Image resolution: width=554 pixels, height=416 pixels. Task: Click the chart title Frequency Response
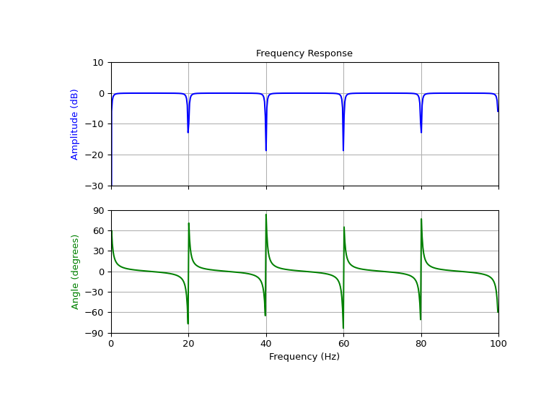[x=304, y=53]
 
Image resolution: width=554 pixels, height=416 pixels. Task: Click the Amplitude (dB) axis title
[x=74, y=124]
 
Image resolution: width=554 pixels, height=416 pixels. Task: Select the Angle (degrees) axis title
[x=74, y=272]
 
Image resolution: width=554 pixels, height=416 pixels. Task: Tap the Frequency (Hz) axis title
[x=304, y=357]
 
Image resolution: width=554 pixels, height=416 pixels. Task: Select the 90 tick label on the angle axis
[x=99, y=211]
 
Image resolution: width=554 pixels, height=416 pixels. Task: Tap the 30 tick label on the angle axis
[x=99, y=251]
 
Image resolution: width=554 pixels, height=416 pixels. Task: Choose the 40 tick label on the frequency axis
[x=266, y=344]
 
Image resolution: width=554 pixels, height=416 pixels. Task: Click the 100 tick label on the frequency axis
[x=498, y=344]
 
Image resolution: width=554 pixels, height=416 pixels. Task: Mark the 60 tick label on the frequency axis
[x=343, y=344]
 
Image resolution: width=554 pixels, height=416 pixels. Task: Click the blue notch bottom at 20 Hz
[x=188, y=132]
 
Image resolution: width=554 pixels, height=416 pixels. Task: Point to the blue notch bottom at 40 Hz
[x=266, y=150]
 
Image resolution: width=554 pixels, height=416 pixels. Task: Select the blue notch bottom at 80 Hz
[x=421, y=132]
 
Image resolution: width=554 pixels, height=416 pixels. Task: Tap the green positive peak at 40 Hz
[x=266, y=214]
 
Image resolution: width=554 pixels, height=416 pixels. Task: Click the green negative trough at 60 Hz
[x=343, y=328]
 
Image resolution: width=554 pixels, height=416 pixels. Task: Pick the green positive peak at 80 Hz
[x=421, y=220]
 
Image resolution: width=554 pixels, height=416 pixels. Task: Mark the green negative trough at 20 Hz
[x=188, y=323]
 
